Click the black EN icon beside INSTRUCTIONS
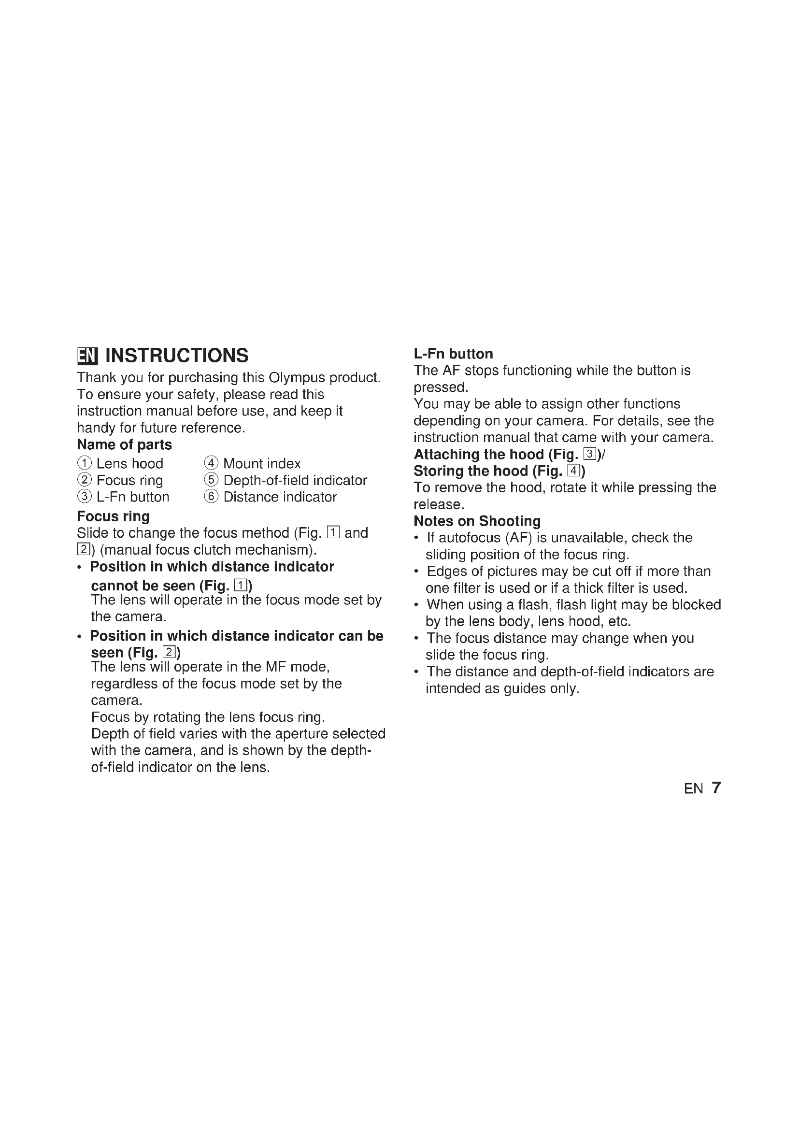click(x=87, y=356)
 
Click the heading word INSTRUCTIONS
click(x=177, y=356)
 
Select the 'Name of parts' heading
click(x=125, y=444)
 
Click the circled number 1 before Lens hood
click(x=85, y=463)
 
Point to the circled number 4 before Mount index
click(x=211, y=463)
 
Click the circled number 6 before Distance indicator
click(x=211, y=497)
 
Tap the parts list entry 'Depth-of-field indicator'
click(x=295, y=480)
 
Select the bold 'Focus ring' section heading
click(x=113, y=516)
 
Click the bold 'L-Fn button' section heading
click(x=453, y=353)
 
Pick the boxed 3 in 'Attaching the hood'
click(x=589, y=454)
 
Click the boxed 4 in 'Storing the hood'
click(x=573, y=471)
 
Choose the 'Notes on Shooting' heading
click(x=477, y=521)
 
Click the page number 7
click(x=716, y=787)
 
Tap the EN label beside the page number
click(x=693, y=789)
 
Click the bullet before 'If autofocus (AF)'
click(x=417, y=538)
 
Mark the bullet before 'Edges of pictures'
click(x=417, y=572)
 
